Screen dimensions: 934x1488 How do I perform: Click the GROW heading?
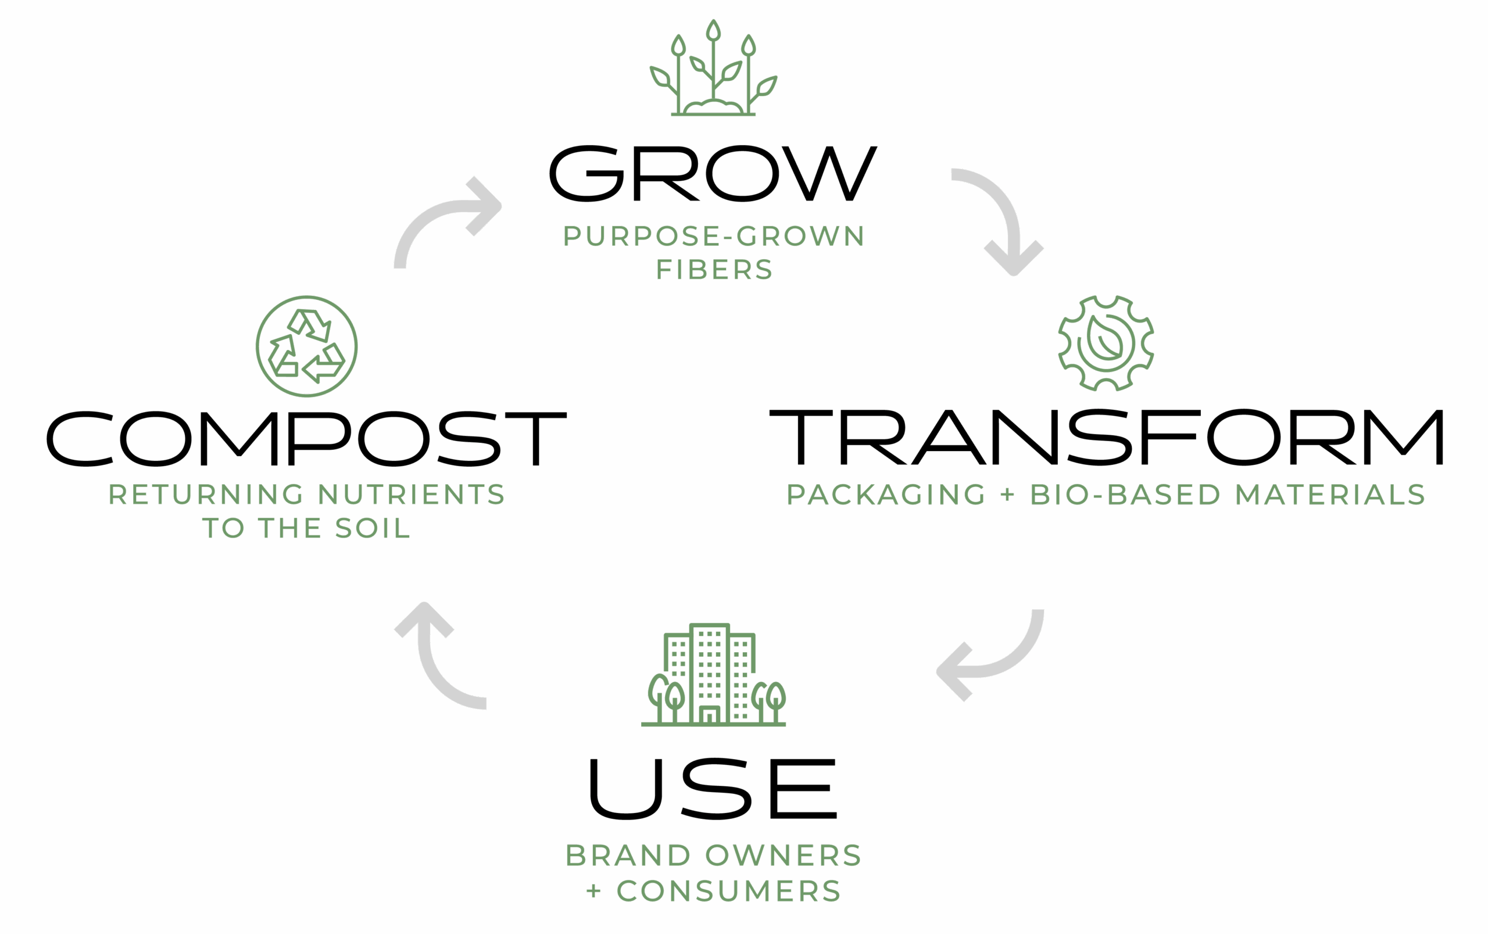(713, 174)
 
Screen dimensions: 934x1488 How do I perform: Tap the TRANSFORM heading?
(1106, 436)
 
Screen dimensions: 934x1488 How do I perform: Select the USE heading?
(713, 788)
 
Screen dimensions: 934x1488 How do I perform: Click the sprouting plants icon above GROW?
(713, 69)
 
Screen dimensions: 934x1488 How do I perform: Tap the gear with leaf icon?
(1106, 343)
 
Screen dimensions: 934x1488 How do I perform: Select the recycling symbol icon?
(306, 346)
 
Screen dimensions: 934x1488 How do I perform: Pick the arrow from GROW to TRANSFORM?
(1001, 216)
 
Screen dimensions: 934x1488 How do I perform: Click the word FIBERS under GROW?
(714, 270)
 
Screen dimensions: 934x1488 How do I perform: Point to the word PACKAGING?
(886, 495)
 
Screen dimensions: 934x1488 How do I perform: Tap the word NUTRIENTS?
(412, 495)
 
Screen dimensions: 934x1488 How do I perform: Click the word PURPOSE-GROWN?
(714, 237)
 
